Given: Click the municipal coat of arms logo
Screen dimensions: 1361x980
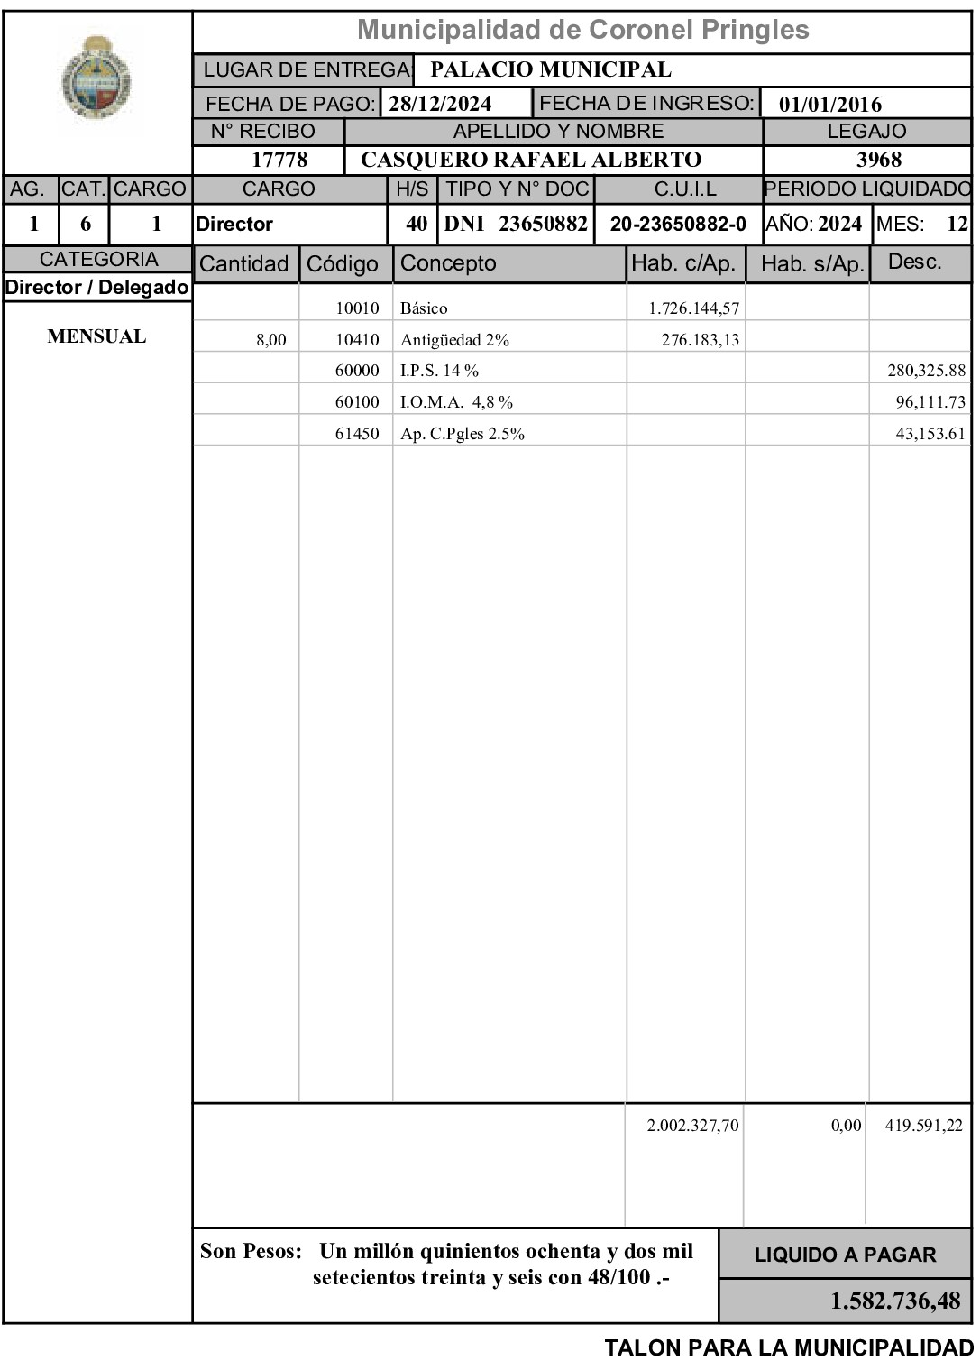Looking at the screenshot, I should [x=97, y=78].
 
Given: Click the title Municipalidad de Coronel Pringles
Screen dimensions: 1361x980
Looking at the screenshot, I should [x=582, y=30].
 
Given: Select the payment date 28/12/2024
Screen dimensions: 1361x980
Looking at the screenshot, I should [x=440, y=104].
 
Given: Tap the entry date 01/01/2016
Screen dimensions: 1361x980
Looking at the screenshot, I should [x=830, y=104].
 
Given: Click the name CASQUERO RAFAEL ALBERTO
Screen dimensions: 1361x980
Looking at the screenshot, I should [x=530, y=161].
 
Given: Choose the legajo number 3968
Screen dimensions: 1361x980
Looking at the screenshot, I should [x=878, y=161].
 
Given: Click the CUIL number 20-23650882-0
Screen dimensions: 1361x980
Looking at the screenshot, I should [x=678, y=225].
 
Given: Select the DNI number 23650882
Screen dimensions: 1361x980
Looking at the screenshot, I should [x=543, y=224].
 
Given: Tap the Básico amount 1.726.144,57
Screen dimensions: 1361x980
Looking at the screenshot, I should [x=693, y=308].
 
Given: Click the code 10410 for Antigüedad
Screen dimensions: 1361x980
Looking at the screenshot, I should [x=357, y=340].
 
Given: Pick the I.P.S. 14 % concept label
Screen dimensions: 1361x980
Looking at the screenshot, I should [x=439, y=371].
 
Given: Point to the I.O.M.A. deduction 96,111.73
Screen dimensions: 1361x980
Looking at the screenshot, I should [x=930, y=402].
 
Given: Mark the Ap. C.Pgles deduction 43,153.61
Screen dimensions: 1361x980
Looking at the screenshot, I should [x=930, y=434].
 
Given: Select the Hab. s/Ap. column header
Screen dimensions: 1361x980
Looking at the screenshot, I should [x=812, y=264].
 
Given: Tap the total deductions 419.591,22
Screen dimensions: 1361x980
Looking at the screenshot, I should [x=923, y=1126].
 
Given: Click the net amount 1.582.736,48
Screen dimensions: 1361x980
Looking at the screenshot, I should [x=894, y=1301].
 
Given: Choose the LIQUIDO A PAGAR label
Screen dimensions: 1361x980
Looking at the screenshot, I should [x=845, y=1255].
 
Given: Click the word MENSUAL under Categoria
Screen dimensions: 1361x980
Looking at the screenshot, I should [x=96, y=337].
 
